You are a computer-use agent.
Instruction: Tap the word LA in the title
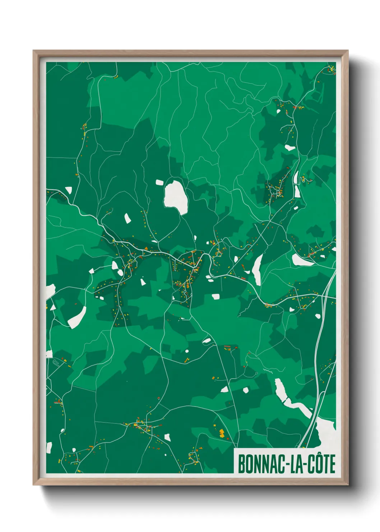click(x=294, y=464)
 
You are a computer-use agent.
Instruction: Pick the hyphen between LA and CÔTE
click(x=303, y=465)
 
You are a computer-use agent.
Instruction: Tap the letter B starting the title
click(x=241, y=464)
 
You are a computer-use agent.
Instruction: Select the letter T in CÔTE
click(x=325, y=464)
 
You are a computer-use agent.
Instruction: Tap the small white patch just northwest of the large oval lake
click(x=159, y=183)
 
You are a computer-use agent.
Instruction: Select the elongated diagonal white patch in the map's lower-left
click(x=77, y=318)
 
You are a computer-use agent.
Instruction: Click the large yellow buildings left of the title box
click(x=222, y=433)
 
